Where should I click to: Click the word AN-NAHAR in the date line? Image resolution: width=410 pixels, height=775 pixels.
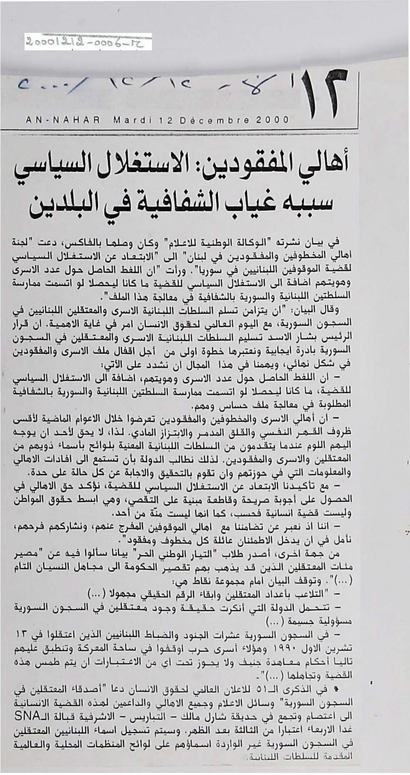[x=63, y=120]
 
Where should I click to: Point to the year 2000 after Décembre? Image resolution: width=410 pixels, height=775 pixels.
[x=273, y=120]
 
